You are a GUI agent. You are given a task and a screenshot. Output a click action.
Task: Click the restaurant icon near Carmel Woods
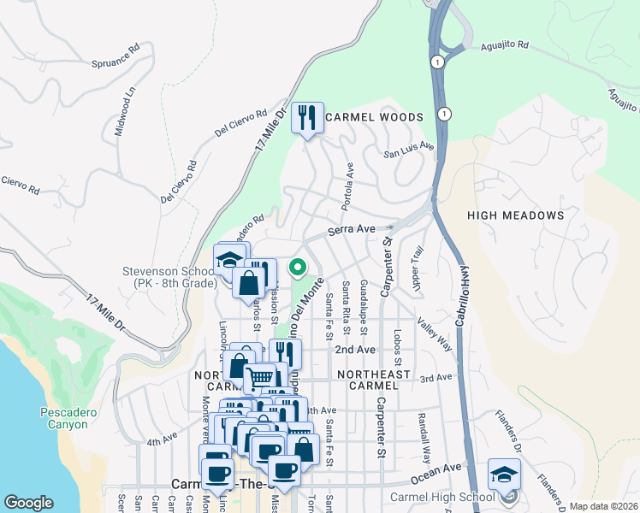(x=307, y=118)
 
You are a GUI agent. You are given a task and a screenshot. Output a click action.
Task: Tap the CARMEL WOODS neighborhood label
(x=374, y=117)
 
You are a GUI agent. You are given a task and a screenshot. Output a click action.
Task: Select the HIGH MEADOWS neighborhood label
(x=516, y=216)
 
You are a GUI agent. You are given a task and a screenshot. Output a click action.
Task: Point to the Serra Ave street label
(x=353, y=230)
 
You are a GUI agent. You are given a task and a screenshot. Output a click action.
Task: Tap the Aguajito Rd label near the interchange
(x=505, y=45)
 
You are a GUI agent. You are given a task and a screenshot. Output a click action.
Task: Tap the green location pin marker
(x=298, y=268)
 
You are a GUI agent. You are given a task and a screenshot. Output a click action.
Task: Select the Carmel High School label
(x=442, y=497)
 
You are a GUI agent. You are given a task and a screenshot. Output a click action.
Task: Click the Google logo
(x=28, y=503)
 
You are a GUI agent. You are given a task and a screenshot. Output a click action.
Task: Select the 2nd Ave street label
(x=355, y=350)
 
